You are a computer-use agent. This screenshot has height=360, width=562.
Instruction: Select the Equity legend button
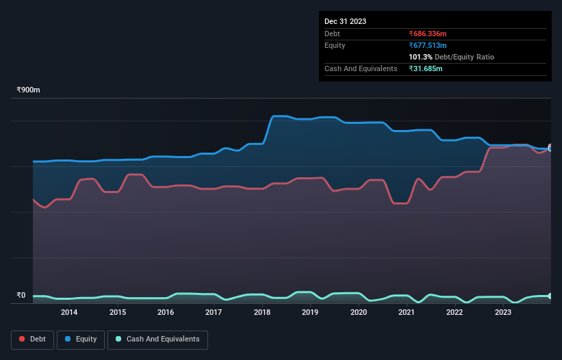click(x=81, y=339)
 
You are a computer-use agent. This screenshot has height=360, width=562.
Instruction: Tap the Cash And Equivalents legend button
click(x=157, y=339)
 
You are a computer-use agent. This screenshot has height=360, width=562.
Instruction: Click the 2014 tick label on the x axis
click(x=69, y=313)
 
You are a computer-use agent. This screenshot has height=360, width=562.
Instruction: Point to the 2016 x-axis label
click(x=166, y=313)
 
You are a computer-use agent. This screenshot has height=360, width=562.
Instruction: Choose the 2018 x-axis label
click(x=261, y=313)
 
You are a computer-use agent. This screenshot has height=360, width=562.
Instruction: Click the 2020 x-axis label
click(x=358, y=313)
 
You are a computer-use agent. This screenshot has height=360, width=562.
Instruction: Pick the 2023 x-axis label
click(x=502, y=313)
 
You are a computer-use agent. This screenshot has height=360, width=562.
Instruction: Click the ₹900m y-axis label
click(x=29, y=90)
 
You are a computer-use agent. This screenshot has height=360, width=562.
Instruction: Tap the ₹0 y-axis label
click(x=21, y=296)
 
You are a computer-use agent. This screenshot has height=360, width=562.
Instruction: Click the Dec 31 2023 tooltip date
click(x=345, y=21)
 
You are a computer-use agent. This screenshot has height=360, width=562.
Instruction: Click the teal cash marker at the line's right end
click(x=550, y=296)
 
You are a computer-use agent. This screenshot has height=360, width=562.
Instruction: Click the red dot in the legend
click(x=23, y=339)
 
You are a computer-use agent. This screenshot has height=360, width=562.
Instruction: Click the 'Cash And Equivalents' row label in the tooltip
click(x=361, y=69)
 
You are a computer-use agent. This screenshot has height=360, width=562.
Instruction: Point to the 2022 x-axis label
click(x=455, y=313)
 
